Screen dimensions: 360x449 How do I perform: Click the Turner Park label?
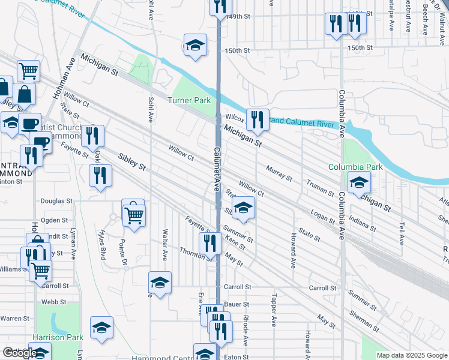coord(189,100)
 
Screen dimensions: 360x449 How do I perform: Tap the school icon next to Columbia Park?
coord(360,183)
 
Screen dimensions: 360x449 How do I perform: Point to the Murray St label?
coord(279,174)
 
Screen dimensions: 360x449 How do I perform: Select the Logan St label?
coord(323,217)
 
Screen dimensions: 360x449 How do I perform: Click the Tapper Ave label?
coord(273,309)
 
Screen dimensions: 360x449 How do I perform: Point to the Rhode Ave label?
coord(246,332)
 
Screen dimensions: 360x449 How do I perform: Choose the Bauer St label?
coord(237,305)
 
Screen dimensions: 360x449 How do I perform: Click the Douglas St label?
coord(56,202)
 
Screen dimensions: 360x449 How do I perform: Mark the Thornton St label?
coord(196,254)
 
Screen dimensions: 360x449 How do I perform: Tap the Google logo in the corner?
coord(19,353)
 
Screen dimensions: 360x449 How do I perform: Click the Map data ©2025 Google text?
coord(412,356)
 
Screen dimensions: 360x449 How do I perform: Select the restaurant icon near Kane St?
coord(209,242)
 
